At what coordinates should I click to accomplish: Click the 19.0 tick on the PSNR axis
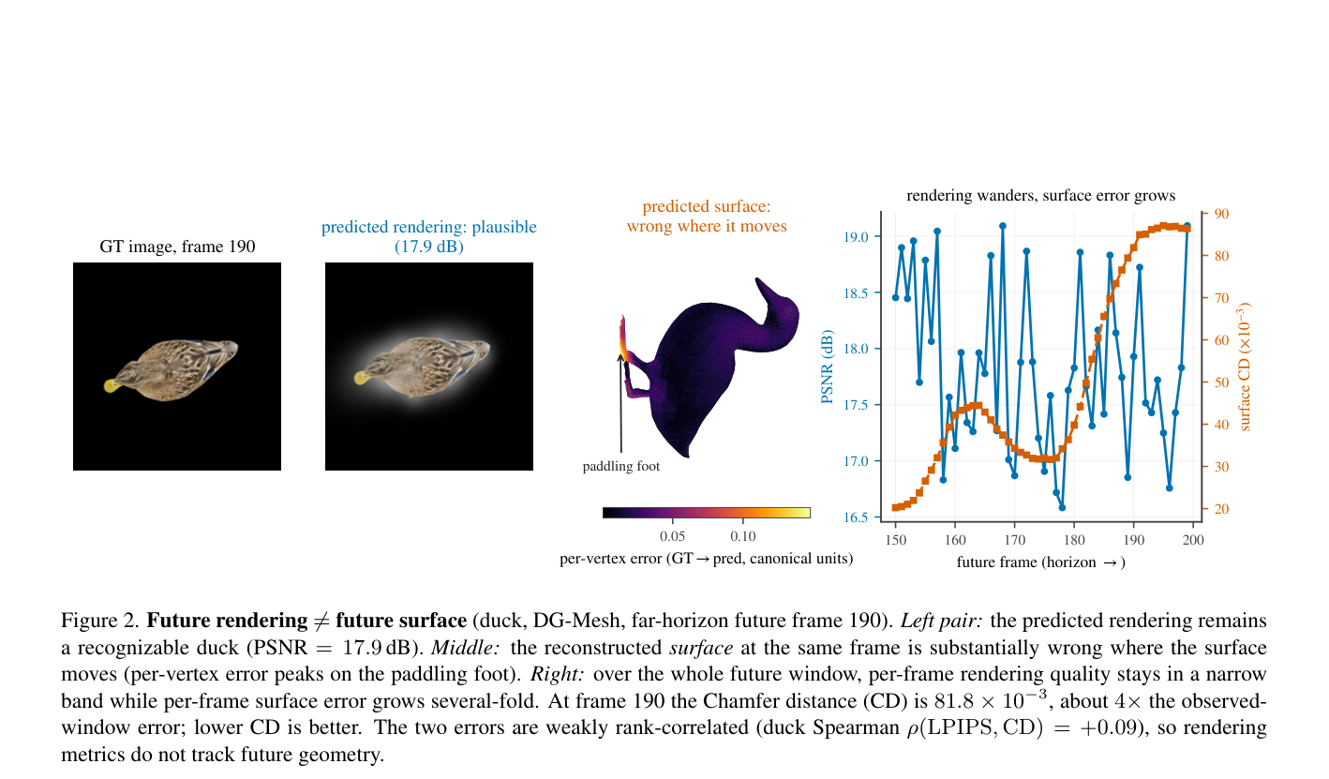coord(856,237)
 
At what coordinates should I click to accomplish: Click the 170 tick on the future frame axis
coord(1014,540)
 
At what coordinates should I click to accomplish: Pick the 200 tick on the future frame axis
coord(1193,540)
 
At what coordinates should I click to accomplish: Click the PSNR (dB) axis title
coord(827,367)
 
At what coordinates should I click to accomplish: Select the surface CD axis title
coord(1244,367)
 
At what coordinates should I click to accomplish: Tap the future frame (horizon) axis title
coord(1040,562)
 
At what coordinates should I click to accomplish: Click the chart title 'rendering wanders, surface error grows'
coord(1040,195)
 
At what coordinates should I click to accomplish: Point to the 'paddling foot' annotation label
coord(620,466)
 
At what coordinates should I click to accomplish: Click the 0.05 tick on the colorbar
coord(672,536)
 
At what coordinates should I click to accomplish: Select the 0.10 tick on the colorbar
coord(743,536)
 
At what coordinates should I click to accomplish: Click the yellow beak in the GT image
coord(111,385)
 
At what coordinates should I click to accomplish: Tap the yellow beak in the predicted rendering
coord(362,378)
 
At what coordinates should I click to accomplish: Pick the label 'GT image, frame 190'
coord(177,247)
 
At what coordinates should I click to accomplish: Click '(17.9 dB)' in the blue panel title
coord(429,247)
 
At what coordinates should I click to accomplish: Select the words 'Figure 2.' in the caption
coord(100,621)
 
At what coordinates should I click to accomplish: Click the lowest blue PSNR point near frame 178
coord(1062,508)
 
